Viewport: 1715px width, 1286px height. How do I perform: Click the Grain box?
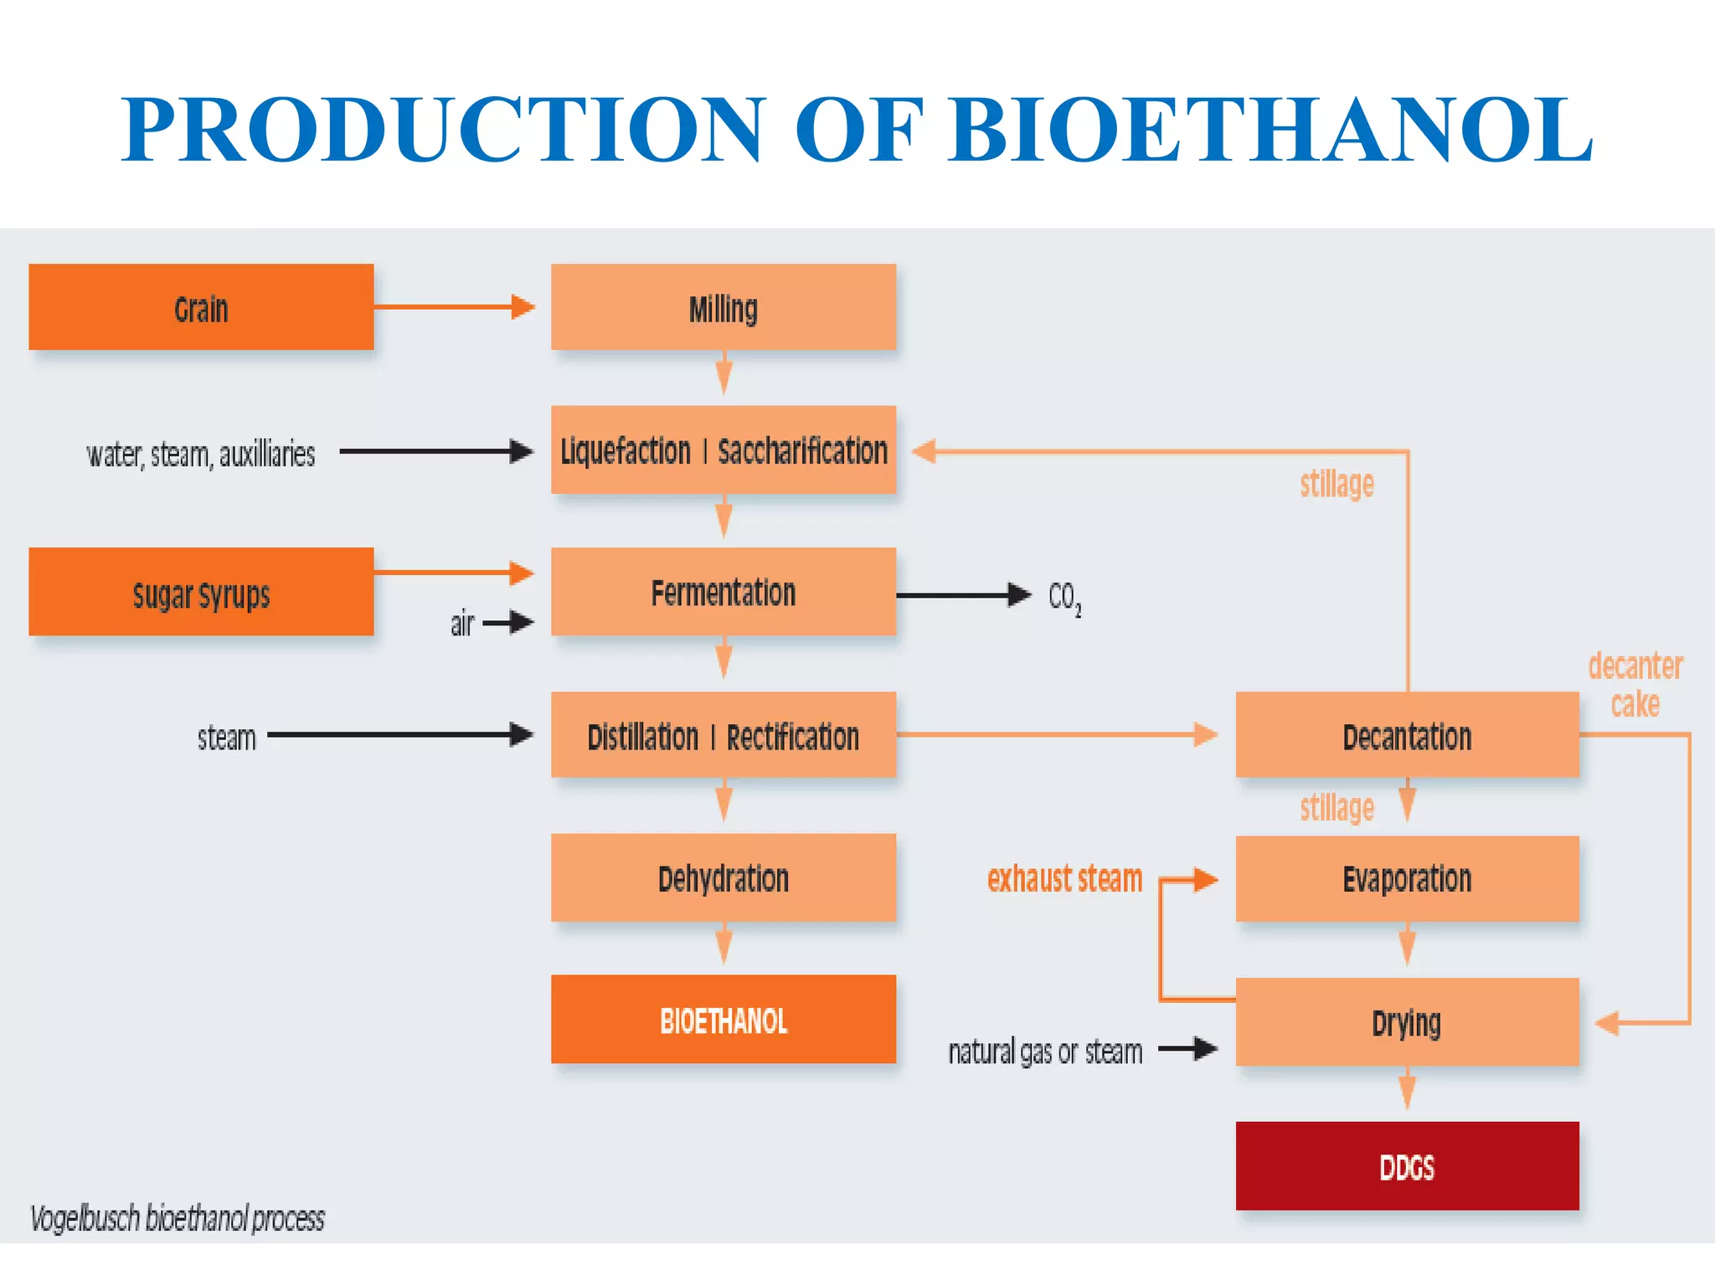[201, 307]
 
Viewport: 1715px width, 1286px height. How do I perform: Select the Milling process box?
[723, 307]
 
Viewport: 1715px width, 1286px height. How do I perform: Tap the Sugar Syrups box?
[201, 592]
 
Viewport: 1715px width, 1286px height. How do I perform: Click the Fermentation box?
[723, 592]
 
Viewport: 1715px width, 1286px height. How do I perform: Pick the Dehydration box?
[723, 878]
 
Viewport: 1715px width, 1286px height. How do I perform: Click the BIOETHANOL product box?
[723, 1020]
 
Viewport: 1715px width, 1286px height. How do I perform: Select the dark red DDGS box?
[1407, 1166]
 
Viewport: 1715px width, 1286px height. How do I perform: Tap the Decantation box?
[1407, 735]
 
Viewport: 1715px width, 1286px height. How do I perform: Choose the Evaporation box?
[1407, 878]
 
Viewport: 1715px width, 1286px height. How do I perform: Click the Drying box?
[1407, 1021]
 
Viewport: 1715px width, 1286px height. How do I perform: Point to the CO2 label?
[1064, 598]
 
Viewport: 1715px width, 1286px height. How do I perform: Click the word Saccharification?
[802, 451]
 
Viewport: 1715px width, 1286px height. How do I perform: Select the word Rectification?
[792, 737]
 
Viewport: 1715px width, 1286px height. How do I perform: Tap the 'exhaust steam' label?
[1064, 879]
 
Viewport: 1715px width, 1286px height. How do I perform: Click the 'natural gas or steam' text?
[1045, 1052]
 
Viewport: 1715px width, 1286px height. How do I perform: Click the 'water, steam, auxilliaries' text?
[201, 455]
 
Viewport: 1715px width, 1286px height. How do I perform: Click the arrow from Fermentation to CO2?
[963, 595]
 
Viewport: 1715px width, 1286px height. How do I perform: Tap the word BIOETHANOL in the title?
[1270, 130]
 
